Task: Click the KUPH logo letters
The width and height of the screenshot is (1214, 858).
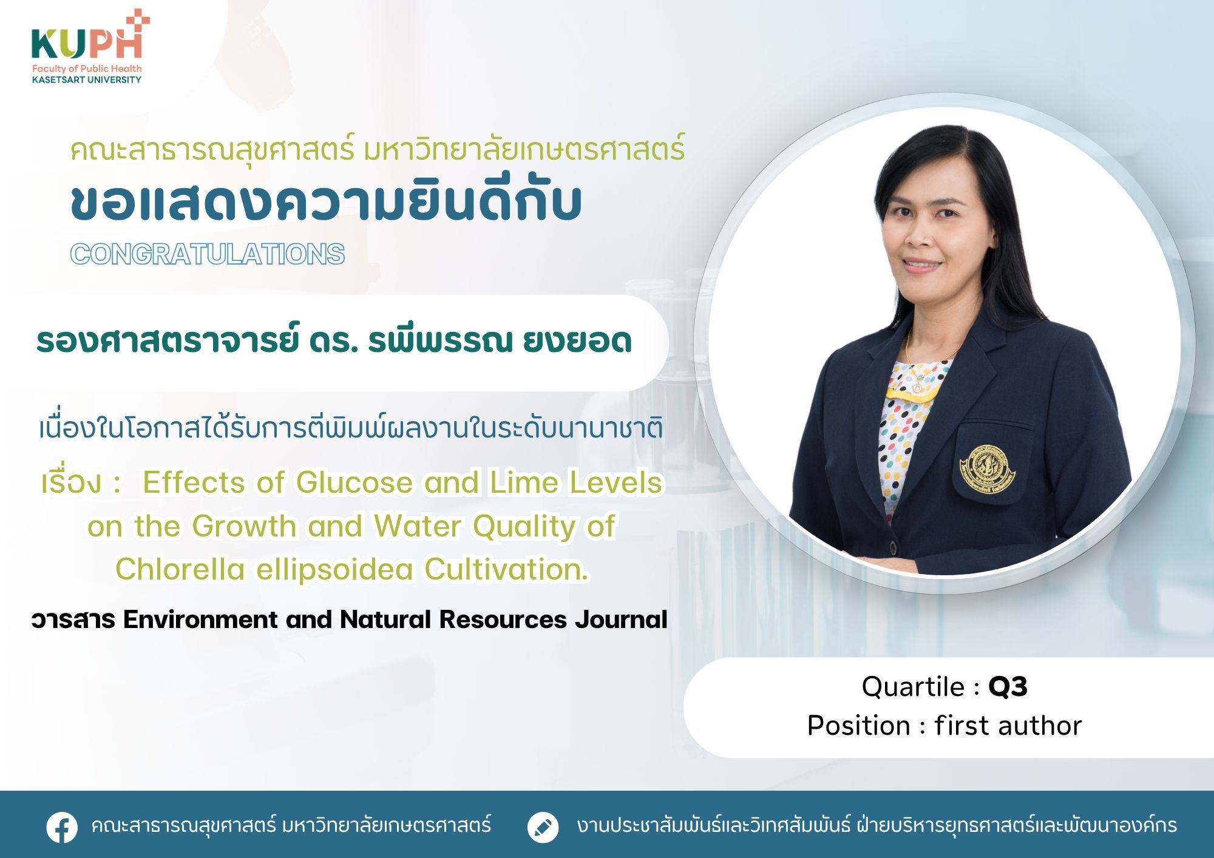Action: tap(87, 44)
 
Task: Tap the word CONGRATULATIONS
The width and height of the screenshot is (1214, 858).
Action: tap(208, 254)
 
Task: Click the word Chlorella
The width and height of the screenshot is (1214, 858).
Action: tap(180, 569)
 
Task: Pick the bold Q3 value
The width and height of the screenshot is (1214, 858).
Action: tap(1008, 687)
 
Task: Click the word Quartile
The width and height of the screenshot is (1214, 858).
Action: tap(914, 686)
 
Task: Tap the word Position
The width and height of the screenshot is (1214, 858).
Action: tap(858, 725)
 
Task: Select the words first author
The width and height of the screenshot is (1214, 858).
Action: tap(1008, 725)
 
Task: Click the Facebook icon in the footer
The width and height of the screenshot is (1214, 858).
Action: tap(62, 826)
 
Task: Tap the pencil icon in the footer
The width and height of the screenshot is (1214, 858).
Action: tap(543, 826)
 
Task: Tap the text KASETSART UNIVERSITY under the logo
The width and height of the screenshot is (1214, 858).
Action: tap(87, 79)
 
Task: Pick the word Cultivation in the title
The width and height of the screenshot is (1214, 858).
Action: tap(506, 569)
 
